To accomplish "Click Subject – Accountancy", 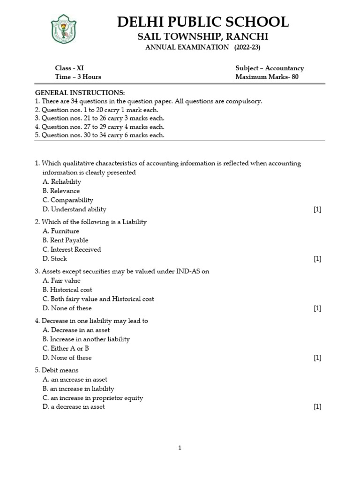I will click(x=270, y=68).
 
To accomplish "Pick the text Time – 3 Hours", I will click(x=78, y=77).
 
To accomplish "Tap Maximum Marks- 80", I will click(x=267, y=77).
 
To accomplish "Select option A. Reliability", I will click(x=61, y=181).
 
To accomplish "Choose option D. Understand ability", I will click(x=74, y=209).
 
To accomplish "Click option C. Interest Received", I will click(x=71, y=249).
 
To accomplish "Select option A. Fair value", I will click(x=61, y=280).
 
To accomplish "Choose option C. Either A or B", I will click(x=66, y=348).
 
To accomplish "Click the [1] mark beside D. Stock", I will click(x=317, y=259).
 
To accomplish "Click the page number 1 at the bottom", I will click(x=180, y=448).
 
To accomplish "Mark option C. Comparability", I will click(x=68, y=200).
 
